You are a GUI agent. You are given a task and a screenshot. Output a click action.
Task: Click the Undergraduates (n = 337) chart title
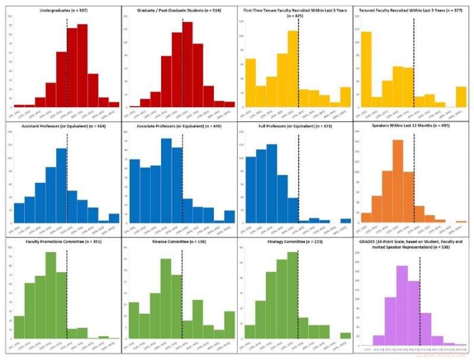coord(61,11)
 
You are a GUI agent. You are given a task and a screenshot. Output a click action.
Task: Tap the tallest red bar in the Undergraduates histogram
coord(82,66)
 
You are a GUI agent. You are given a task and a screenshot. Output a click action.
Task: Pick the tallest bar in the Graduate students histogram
coord(187,65)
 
